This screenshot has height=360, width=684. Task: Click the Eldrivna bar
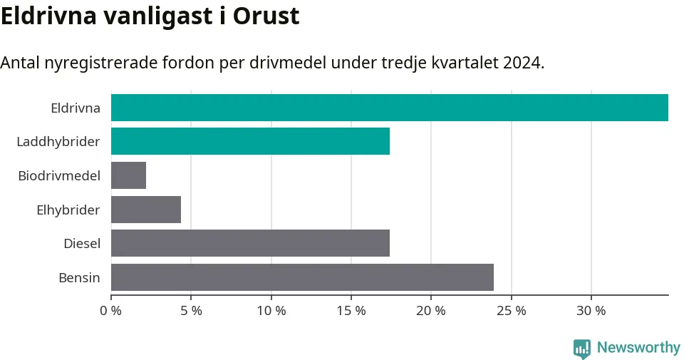[x=390, y=108]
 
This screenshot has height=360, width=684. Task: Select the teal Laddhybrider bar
[x=250, y=141]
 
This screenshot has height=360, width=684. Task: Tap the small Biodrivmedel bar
[x=129, y=175]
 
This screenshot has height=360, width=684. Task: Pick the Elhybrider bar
[x=146, y=210]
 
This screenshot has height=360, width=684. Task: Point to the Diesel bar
[x=250, y=243]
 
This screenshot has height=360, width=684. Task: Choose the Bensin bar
[x=302, y=277]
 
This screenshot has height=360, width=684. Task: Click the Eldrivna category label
[x=76, y=108]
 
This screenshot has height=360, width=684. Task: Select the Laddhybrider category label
[x=58, y=142]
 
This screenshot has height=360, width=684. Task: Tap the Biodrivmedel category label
[x=59, y=175]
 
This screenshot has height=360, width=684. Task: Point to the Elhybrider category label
[x=68, y=210]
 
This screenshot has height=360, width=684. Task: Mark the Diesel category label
[x=82, y=244]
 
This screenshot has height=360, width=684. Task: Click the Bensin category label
[x=79, y=277]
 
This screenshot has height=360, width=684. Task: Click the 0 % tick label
[x=111, y=311]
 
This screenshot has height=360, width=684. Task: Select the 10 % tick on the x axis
[x=271, y=311]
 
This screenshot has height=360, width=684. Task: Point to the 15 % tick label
[x=351, y=311]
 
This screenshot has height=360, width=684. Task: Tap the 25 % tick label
[x=512, y=311]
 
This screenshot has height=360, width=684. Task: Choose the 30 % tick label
[x=591, y=311]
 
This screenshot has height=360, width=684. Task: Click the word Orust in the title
[x=266, y=16]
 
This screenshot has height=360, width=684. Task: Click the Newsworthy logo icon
[x=582, y=349]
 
